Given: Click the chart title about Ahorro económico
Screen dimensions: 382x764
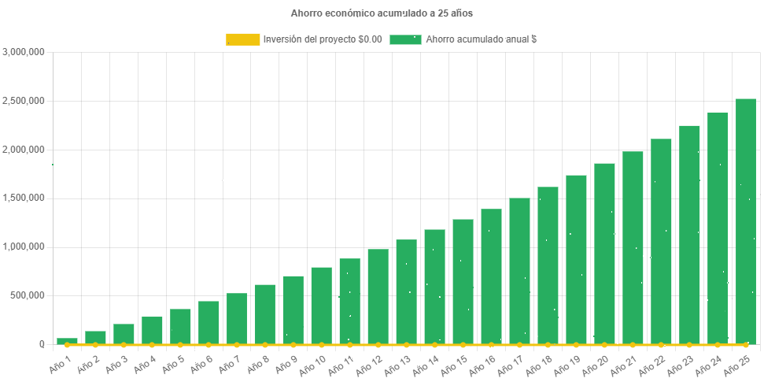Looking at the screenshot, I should [382, 13].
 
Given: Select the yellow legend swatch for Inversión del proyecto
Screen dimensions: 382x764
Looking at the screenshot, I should [242, 39].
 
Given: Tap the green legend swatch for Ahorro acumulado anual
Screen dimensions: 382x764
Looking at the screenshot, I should [405, 39].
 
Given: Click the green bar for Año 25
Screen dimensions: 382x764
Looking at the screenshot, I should [746, 221].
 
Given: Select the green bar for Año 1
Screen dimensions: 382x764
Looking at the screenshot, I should [67, 341].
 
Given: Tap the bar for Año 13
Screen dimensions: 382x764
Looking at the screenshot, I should [406, 291].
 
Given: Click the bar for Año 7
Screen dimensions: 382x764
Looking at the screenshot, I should [237, 318].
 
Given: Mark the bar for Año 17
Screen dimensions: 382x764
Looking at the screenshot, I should [519, 271].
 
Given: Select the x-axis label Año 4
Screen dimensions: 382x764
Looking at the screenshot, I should [146, 363].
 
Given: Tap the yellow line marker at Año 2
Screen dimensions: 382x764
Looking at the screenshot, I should [95, 345].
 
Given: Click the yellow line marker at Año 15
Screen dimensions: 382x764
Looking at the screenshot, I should [463, 345].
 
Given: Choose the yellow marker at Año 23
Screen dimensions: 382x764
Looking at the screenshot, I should [689, 345].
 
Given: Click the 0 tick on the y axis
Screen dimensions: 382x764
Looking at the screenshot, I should [42, 344].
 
